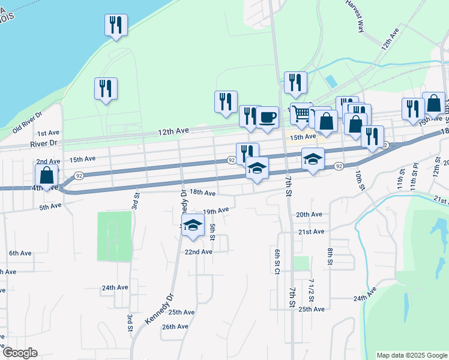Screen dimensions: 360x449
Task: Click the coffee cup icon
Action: click(x=267, y=116)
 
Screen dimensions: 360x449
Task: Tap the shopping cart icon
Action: click(x=301, y=113)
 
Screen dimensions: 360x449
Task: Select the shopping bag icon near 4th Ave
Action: click(x=47, y=175)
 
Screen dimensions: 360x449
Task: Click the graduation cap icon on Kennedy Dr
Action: click(x=193, y=224)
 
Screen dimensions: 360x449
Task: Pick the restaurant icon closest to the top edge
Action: click(x=115, y=25)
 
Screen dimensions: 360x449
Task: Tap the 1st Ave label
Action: click(x=48, y=133)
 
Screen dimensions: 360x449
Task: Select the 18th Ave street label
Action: click(x=202, y=193)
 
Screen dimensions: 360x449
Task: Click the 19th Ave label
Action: click(x=216, y=211)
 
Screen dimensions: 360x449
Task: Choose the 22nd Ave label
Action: click(x=198, y=252)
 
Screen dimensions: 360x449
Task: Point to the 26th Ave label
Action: click(x=175, y=327)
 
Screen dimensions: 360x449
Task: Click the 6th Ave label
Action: click(x=20, y=253)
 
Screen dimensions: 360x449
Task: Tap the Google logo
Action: click(x=20, y=353)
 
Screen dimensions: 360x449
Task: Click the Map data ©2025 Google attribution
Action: click(x=411, y=355)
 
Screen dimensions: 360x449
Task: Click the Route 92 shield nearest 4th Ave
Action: click(x=78, y=175)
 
